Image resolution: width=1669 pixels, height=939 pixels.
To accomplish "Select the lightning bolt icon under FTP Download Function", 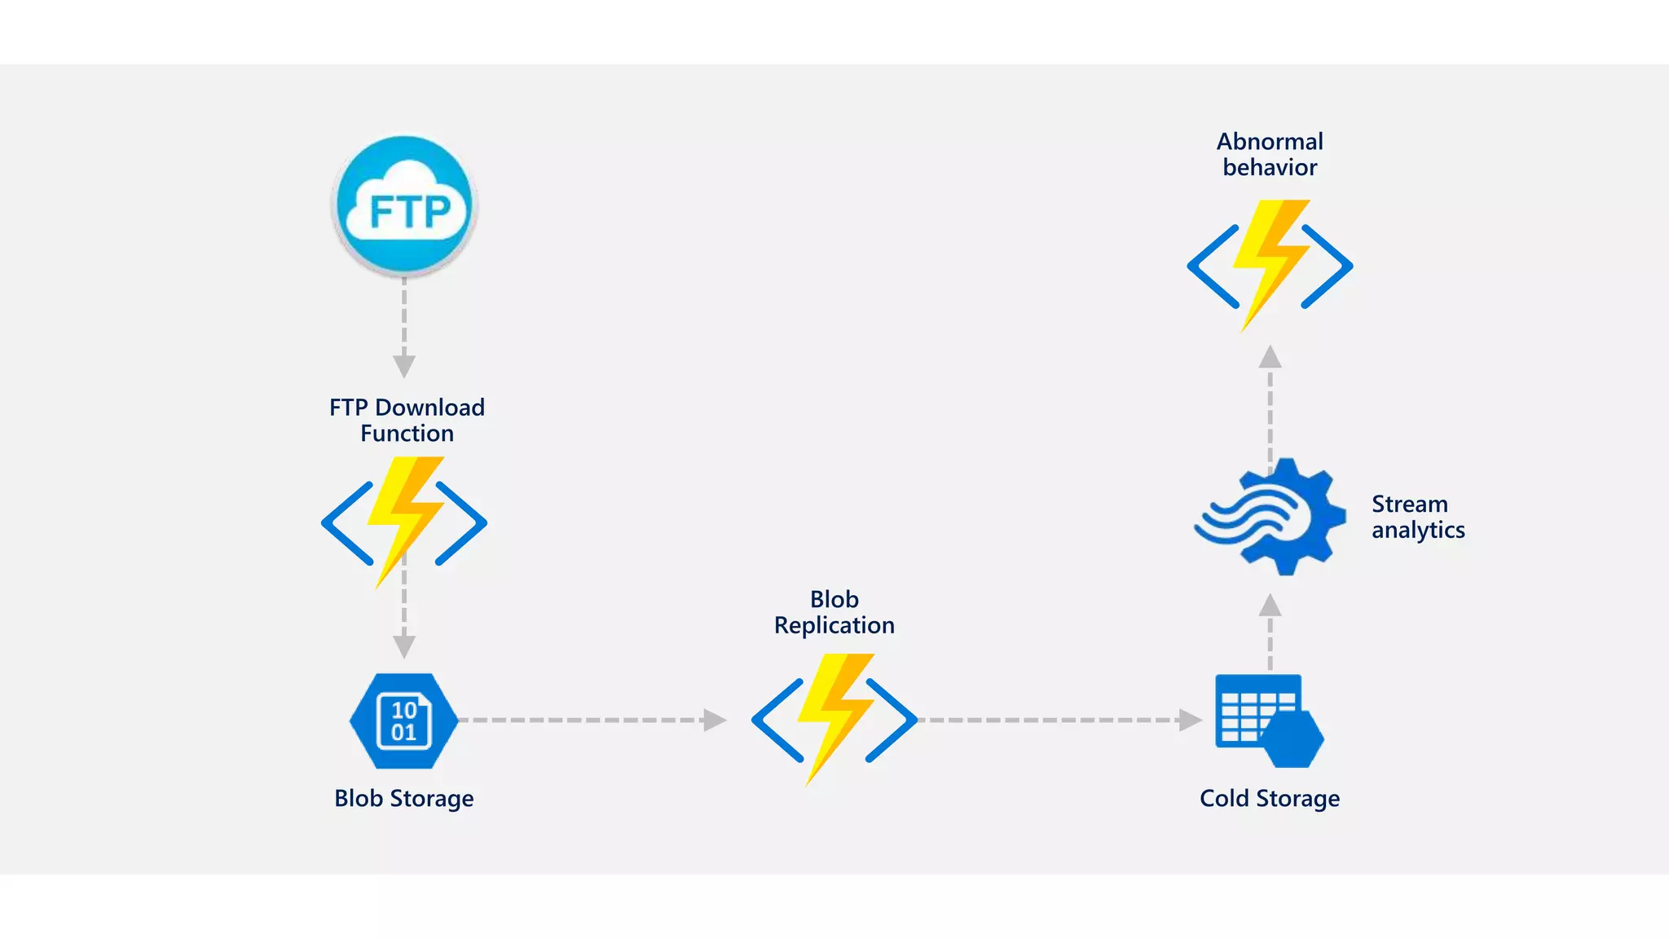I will coord(404,522).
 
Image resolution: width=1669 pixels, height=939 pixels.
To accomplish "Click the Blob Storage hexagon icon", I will coord(403,721).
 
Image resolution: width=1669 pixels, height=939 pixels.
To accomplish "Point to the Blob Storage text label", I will coord(403,798).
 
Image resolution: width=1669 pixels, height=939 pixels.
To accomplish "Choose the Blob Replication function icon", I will coord(834,719).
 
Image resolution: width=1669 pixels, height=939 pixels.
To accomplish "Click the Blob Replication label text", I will coord(834,612).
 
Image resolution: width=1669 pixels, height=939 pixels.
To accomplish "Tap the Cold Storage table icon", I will coord(1268,721).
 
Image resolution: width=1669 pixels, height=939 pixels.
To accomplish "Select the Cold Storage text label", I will coord(1269,798).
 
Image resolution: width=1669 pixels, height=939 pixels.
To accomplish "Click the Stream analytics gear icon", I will coord(1271,517).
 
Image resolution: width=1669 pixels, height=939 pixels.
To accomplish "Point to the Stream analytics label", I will coord(1417,517).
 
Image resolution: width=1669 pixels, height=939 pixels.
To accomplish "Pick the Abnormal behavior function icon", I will coord(1270,266).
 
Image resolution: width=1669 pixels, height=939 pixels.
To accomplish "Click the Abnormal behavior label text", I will coord(1270,154).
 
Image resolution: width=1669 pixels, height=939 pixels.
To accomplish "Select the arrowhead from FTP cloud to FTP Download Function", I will coord(404,366).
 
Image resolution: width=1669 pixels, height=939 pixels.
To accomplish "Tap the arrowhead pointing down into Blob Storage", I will coord(404,646).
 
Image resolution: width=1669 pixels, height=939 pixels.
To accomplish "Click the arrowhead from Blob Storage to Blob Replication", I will coord(714,720).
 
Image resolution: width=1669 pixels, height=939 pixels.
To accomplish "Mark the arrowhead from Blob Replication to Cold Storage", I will coord(1190,720).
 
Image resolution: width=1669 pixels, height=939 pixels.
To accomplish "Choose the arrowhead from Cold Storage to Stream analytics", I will coord(1270,605).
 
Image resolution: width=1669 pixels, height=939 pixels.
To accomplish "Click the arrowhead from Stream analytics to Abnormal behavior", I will coord(1270,357).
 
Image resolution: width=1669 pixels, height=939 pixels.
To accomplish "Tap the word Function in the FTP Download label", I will coord(407,434).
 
